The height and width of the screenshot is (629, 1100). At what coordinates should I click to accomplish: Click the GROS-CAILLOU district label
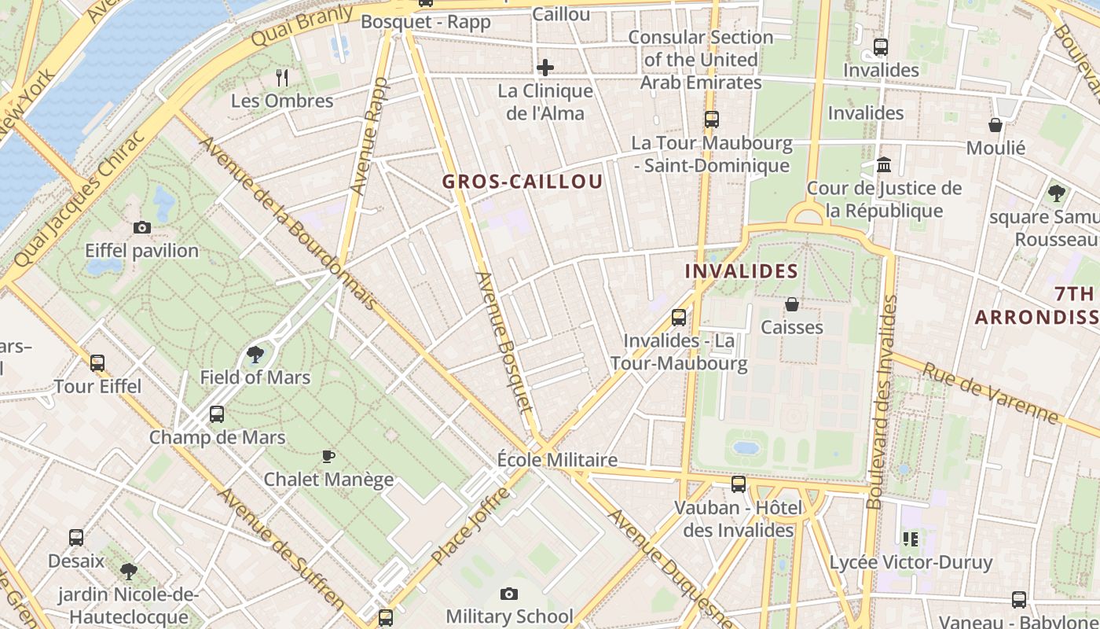click(x=522, y=182)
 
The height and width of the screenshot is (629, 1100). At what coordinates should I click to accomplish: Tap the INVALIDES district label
click(x=741, y=272)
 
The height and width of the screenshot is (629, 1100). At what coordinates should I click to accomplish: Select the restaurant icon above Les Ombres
click(x=283, y=77)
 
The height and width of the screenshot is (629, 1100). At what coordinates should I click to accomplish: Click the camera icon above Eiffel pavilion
click(x=142, y=228)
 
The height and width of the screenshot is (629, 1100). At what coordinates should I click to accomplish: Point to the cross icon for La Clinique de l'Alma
click(x=545, y=68)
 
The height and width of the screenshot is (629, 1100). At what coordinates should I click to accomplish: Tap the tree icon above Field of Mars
click(x=255, y=355)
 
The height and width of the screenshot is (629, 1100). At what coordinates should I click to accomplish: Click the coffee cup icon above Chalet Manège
click(x=328, y=456)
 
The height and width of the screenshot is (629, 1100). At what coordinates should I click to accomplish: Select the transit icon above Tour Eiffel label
click(x=97, y=363)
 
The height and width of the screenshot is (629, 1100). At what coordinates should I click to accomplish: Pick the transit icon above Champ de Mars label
click(x=217, y=414)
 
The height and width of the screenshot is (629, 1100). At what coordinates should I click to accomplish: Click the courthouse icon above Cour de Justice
click(x=884, y=166)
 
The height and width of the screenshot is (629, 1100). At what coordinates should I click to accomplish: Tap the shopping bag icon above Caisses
click(x=792, y=304)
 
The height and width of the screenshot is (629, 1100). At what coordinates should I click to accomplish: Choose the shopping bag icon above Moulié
click(x=995, y=125)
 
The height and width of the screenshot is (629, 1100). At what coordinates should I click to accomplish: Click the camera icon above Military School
click(x=509, y=594)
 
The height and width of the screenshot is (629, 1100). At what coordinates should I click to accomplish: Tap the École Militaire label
click(x=558, y=460)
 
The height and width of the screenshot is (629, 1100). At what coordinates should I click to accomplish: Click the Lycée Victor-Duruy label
click(x=911, y=563)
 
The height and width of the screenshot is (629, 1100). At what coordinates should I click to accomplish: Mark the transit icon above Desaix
click(x=76, y=538)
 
